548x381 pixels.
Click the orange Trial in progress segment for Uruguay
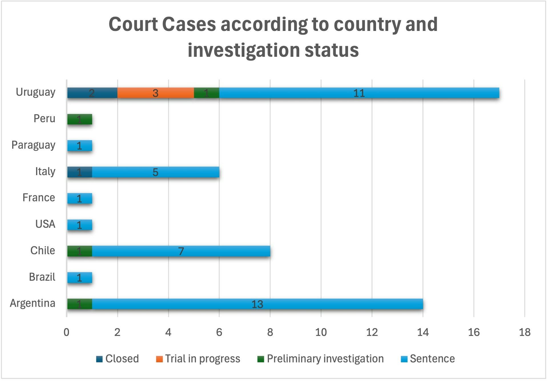[156, 93]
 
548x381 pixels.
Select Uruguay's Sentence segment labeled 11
[359, 93]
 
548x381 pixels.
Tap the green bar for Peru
[80, 119]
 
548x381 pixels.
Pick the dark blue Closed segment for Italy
[80, 172]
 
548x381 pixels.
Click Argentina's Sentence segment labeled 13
[257, 304]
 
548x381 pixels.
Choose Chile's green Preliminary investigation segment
[80, 251]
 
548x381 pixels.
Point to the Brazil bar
[80, 277]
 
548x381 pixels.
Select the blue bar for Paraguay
[80, 146]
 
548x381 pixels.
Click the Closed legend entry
[118, 359]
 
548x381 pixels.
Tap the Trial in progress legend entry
[198, 359]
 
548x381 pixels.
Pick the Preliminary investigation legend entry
[321, 359]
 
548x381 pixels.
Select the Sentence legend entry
[428, 359]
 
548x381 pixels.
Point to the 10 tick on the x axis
[321, 332]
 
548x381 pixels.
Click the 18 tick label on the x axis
[525, 332]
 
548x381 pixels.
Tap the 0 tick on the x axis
[67, 332]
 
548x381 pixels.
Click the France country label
[39, 198]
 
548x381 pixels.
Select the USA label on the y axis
[45, 224]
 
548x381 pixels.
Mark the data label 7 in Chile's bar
[181, 251]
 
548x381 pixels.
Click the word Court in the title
[133, 24]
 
